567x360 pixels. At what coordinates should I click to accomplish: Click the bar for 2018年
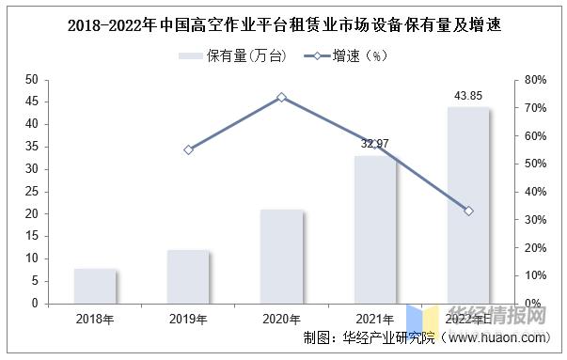click(x=95, y=286)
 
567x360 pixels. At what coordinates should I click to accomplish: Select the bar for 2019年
click(x=188, y=276)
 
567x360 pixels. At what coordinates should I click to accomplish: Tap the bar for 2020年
click(x=281, y=256)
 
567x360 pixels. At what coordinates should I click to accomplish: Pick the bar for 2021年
click(x=374, y=229)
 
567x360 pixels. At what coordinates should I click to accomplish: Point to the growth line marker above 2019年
click(x=188, y=149)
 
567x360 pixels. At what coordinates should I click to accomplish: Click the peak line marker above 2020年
click(x=281, y=97)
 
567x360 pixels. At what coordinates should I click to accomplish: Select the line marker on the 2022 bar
click(x=468, y=211)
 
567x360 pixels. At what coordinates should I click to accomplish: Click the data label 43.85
click(x=467, y=95)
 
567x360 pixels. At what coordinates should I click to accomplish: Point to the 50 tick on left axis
click(x=31, y=80)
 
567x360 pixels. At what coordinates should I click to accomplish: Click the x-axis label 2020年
click(x=281, y=320)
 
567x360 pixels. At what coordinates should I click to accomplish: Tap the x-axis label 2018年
click(x=95, y=320)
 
